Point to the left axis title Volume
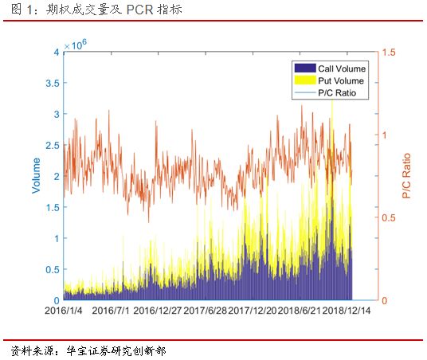pos(36,176)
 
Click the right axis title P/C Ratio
pos(406,176)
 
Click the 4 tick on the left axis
pos(56,52)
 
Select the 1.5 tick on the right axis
pos(389,52)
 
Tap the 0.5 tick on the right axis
pos(389,217)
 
